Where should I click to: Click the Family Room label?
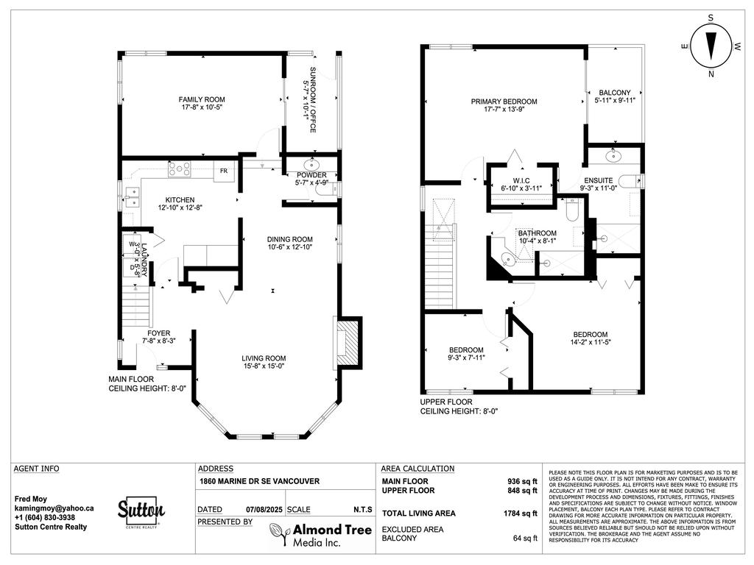point(202,99)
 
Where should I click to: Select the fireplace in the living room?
point(349,341)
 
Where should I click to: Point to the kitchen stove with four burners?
point(179,170)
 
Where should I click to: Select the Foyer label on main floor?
point(159,333)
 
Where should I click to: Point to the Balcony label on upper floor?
point(614,93)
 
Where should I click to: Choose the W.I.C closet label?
point(521,180)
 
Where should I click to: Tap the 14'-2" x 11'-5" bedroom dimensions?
point(590,342)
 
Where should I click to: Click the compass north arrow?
point(711,46)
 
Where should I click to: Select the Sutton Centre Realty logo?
point(141,511)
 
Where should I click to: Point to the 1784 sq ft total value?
point(521,514)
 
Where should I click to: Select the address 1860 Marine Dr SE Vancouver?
point(259,482)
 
